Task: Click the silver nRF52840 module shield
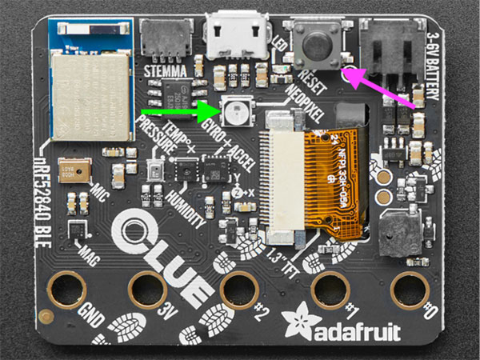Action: click(x=90, y=94)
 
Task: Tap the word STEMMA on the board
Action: click(x=166, y=70)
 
